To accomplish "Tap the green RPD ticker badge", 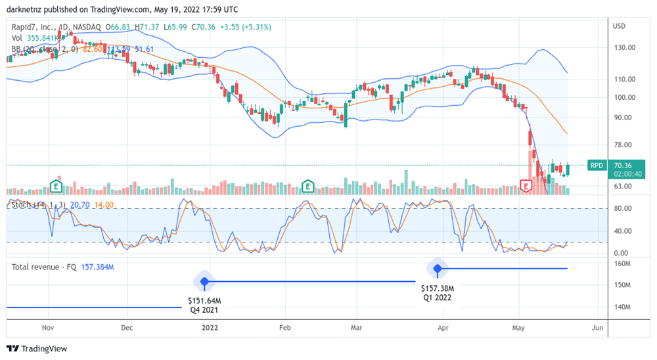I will point(597,166).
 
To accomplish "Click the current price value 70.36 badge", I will point(622,166).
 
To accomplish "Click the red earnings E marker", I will point(526,187).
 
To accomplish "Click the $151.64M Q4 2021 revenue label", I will point(204,305).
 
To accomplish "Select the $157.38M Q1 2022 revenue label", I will point(438,292).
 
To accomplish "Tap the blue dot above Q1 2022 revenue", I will point(438,268).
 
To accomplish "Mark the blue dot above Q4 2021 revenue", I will point(204,281).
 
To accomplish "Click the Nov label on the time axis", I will point(47,326).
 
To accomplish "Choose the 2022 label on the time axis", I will point(210,326).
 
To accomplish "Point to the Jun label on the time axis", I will point(597,326).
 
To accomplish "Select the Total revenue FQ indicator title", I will point(45,267).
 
